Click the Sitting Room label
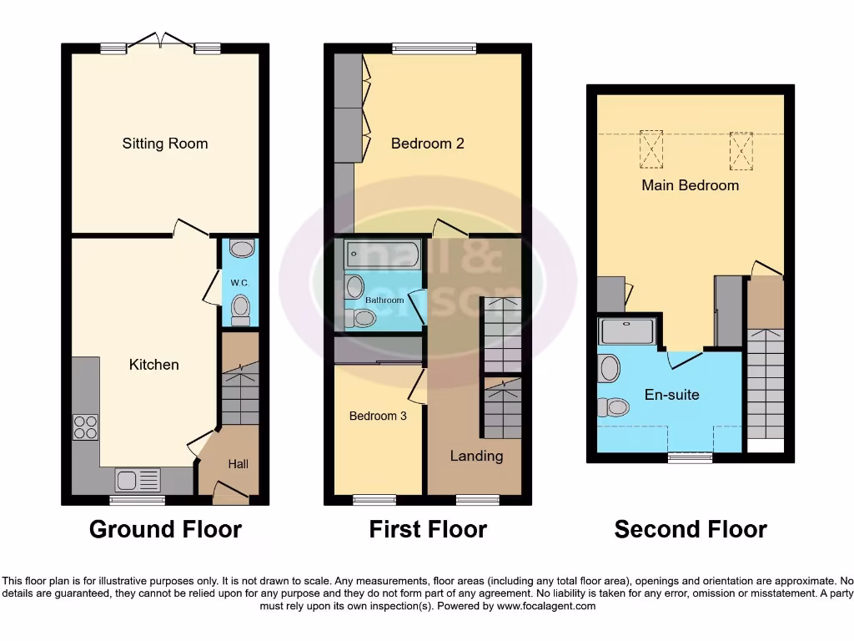tap(165, 144)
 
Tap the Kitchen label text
tap(153, 365)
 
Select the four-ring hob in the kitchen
tap(85, 427)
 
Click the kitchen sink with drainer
tap(138, 480)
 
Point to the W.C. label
tap(239, 284)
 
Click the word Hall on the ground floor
tap(238, 464)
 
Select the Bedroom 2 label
tap(428, 144)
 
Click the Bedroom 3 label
tap(378, 416)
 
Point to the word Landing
tap(476, 456)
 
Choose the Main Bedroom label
tap(690, 185)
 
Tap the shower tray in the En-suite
tap(628, 332)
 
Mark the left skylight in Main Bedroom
tap(651, 149)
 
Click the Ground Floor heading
tap(165, 529)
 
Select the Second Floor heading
tap(691, 529)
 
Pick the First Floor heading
tap(428, 529)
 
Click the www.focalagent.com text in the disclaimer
tap(547, 606)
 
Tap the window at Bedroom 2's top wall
tap(435, 48)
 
